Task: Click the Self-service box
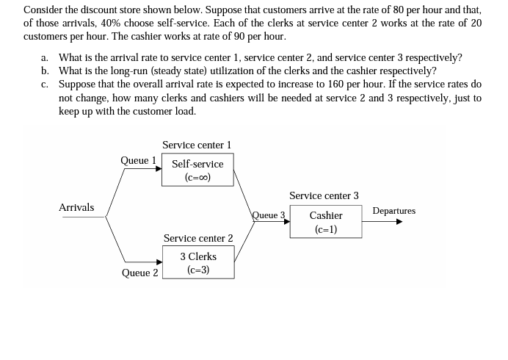[197, 170]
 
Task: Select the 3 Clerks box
[198, 262]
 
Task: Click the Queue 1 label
[139, 159]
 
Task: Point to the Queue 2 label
[139, 273]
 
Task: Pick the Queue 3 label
[268, 215]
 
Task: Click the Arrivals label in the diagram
[76, 207]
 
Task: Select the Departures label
[393, 211]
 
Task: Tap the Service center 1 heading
[197, 145]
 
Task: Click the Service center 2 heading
[198, 238]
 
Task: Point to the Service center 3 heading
[324, 195]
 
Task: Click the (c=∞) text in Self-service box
[197, 177]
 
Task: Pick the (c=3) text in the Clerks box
[198, 270]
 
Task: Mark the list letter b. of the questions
[46, 71]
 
